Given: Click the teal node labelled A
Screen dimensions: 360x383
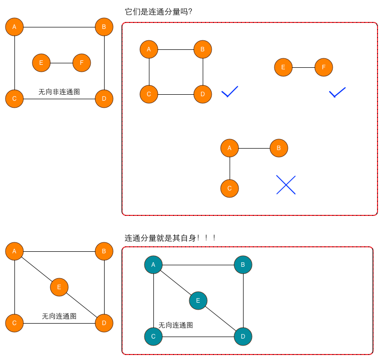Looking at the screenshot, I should pyautogui.click(x=153, y=264).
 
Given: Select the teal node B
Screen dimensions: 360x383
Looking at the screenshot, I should pyautogui.click(x=243, y=264).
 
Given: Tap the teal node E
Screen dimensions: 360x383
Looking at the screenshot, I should pyautogui.click(x=198, y=300).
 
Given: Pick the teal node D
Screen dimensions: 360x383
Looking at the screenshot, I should pyautogui.click(x=243, y=336).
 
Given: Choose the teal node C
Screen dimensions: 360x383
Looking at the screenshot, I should pyautogui.click(x=153, y=336).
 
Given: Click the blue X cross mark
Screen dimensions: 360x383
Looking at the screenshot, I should pyautogui.click(x=286, y=184).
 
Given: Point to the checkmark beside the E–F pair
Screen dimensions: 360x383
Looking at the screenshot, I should pyautogui.click(x=337, y=92).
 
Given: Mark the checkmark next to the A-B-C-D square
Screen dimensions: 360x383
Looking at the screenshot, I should pyautogui.click(x=230, y=91).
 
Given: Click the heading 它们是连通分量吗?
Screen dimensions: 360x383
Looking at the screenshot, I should pyautogui.click(x=158, y=11).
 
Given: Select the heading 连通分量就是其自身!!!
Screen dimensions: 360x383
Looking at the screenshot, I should pyautogui.click(x=170, y=238).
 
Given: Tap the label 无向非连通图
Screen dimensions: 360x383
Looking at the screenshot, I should pyautogui.click(x=59, y=92).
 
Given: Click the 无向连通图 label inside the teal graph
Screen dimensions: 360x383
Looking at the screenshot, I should pyautogui.click(x=176, y=325).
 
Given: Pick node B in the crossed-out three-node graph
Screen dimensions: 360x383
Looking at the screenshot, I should pyautogui.click(x=279, y=148).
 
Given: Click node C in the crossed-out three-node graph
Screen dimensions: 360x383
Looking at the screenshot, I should pyautogui.click(x=230, y=188).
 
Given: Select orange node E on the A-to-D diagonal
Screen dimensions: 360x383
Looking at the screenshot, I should pyautogui.click(x=59, y=287).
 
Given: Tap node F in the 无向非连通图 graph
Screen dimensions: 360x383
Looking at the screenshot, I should pyautogui.click(x=82, y=63).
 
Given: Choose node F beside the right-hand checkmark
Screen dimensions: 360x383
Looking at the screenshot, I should pyautogui.click(x=324, y=67).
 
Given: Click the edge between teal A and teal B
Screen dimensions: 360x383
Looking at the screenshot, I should pyautogui.click(x=198, y=265).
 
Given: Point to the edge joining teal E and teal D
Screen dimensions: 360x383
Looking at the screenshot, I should pyautogui.click(x=221, y=318).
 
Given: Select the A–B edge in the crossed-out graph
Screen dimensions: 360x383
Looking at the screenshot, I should pyautogui.click(x=254, y=148).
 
